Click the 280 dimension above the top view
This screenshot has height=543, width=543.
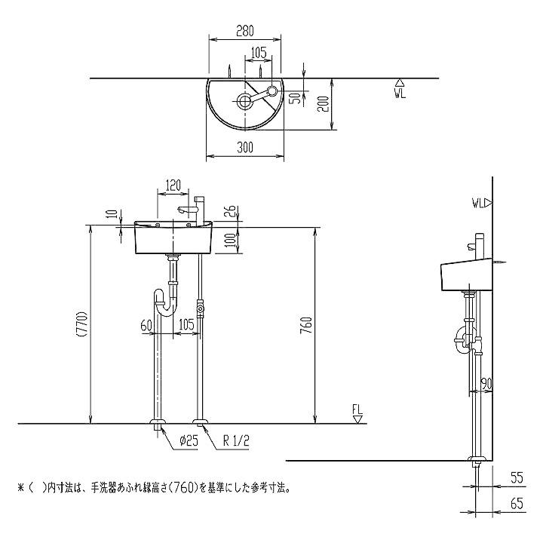244,32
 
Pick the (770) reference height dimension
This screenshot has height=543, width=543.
82,325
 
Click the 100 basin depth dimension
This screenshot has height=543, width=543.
229,242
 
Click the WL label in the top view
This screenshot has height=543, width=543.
400,94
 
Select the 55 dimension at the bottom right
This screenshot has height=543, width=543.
517,477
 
